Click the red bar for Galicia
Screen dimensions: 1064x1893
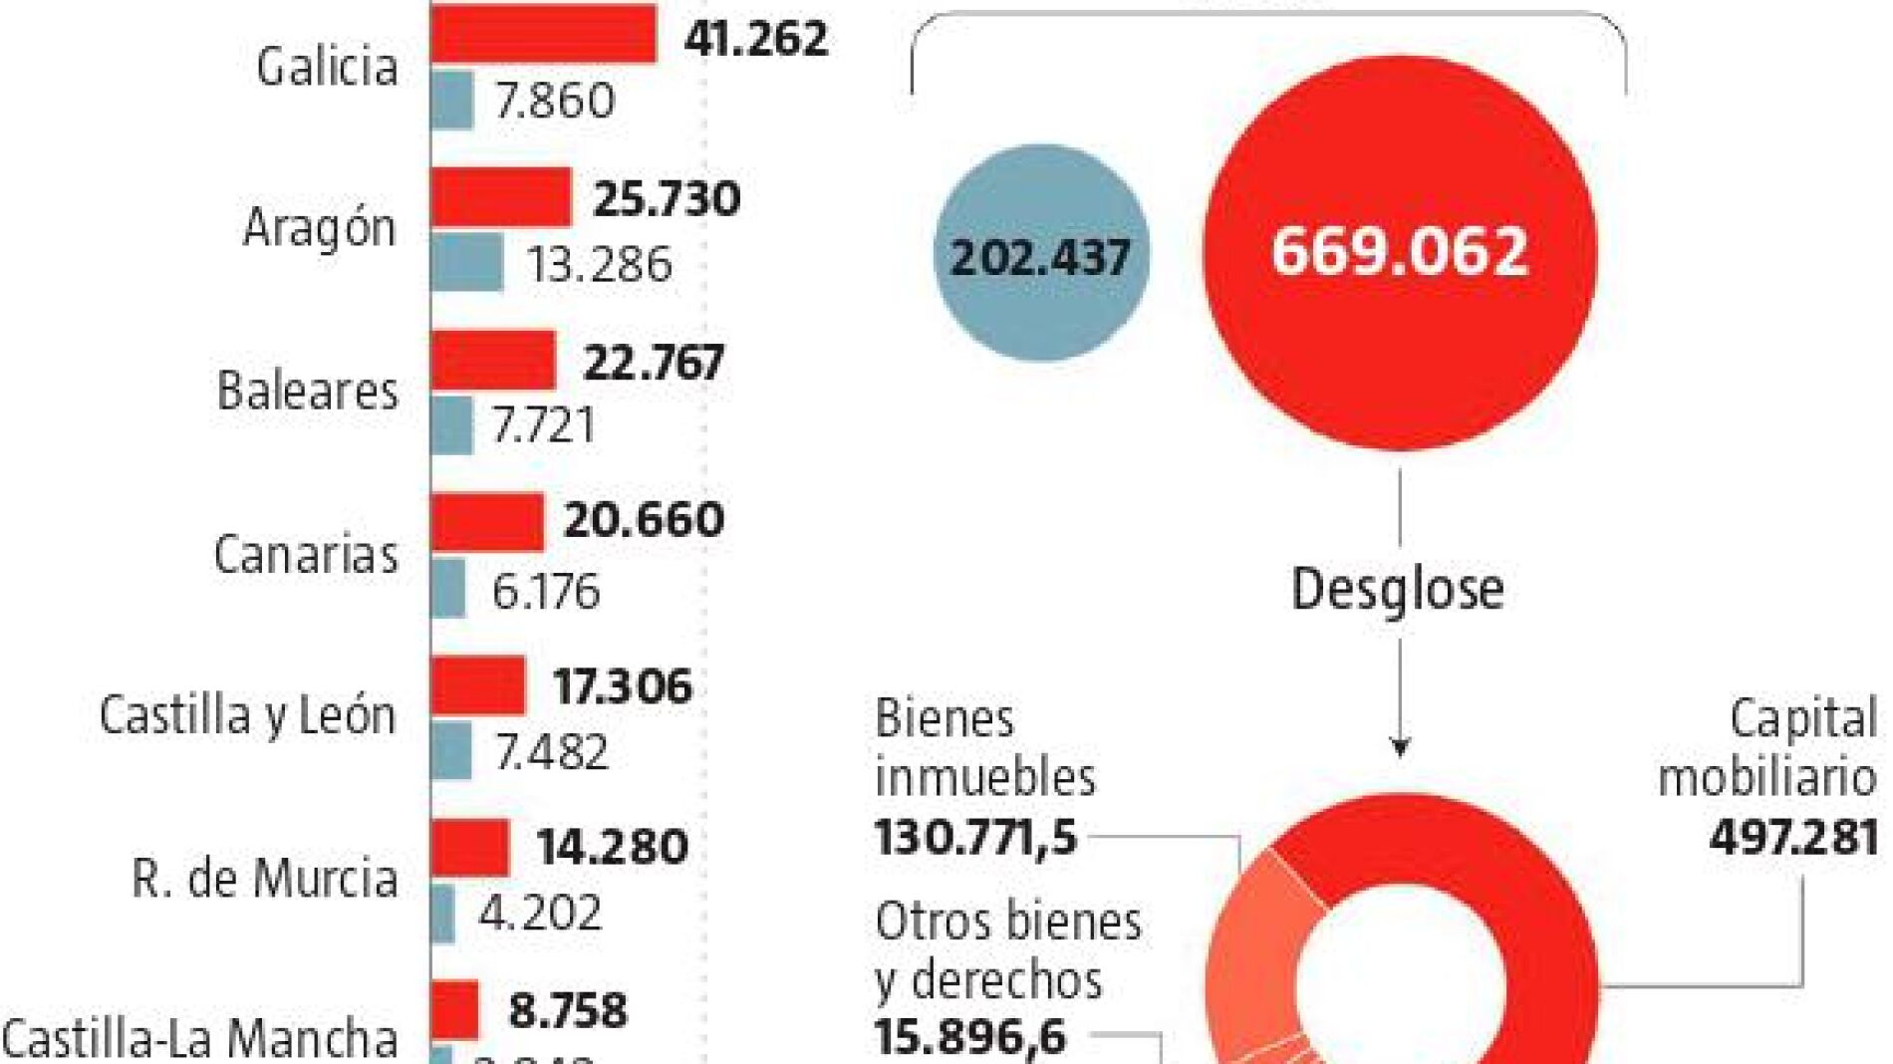(543, 34)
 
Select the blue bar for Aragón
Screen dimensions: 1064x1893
(466, 262)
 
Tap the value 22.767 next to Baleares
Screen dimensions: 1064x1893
(653, 362)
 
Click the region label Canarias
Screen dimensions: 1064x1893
(306, 554)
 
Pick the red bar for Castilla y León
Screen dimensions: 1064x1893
(478, 685)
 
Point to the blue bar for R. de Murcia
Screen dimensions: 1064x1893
(442, 914)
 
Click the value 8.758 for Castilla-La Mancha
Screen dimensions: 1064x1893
(568, 1010)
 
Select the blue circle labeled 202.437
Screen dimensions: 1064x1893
(1041, 254)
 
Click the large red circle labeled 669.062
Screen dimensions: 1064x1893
(1400, 251)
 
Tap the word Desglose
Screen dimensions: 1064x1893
(1397, 589)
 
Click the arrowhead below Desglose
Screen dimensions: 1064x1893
(1400, 747)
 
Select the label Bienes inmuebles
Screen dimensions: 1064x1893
(984, 747)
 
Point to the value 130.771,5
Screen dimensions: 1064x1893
(976, 837)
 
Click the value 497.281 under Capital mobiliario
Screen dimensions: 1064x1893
(1793, 837)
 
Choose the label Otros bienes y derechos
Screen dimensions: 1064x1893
(1006, 951)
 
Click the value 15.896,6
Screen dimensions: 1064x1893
(970, 1037)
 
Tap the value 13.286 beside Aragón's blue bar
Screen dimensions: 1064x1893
(599, 265)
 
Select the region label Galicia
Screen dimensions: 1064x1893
(327, 67)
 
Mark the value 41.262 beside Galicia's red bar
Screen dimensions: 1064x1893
(755, 39)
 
